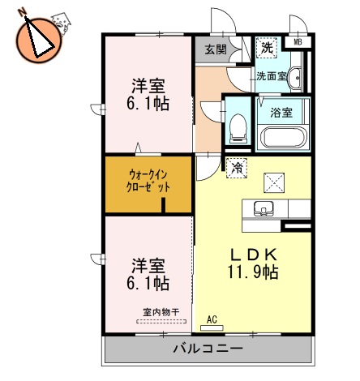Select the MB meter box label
pyautogui.click(x=298, y=42)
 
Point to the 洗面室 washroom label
pyautogui.click(x=270, y=76)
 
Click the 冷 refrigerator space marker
pyautogui.click(x=237, y=168)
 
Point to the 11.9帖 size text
pyautogui.click(x=253, y=272)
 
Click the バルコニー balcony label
pyautogui.click(x=207, y=350)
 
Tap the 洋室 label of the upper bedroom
pyautogui.click(x=149, y=84)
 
